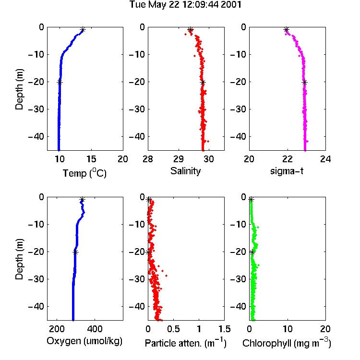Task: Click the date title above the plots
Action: [185, 5]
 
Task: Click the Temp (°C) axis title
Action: [84, 173]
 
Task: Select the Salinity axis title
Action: [185, 171]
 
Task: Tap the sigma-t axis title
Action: [287, 171]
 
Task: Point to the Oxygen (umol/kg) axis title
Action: [84, 341]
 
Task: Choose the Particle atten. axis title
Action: [185, 343]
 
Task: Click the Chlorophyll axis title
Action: [287, 343]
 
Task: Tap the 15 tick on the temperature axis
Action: [91, 159]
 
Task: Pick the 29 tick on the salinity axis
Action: [179, 159]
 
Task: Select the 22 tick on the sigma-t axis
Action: [288, 159]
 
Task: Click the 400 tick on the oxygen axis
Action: [95, 329]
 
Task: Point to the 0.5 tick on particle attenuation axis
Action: [173, 329]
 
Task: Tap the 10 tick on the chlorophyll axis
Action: [288, 329]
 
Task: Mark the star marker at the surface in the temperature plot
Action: [83, 30]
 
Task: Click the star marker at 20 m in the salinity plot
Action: [203, 83]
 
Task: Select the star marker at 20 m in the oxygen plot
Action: [75, 252]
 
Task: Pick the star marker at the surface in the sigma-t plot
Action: [286, 30]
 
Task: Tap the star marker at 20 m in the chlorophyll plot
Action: [252, 252]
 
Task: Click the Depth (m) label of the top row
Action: [19, 89]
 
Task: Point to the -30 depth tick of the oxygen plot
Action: [36, 279]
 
